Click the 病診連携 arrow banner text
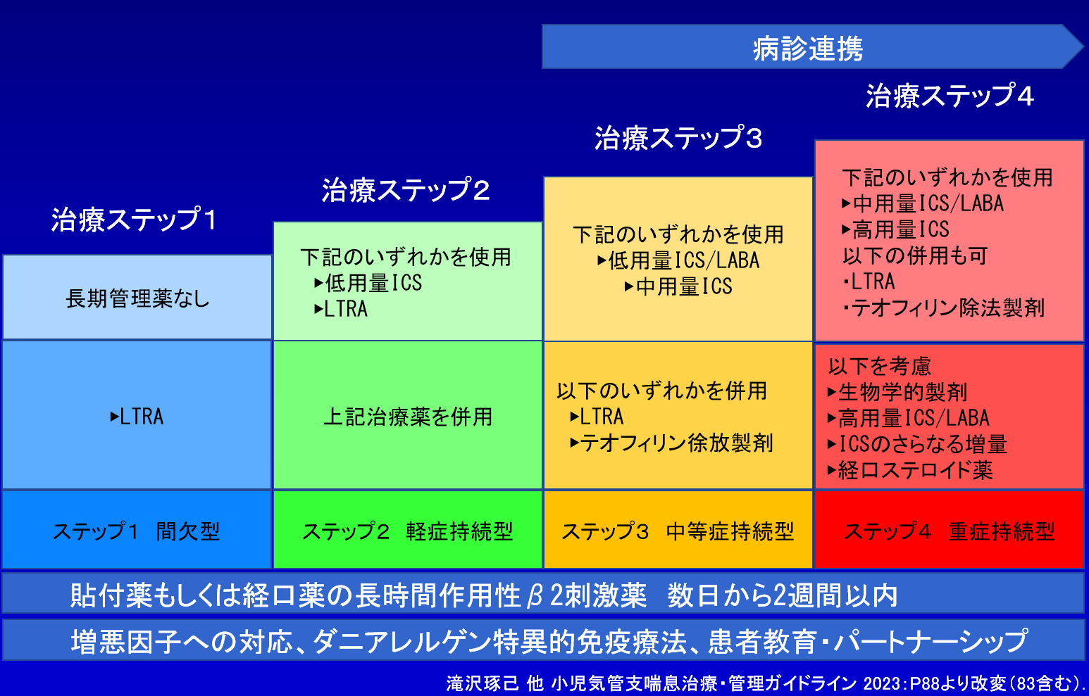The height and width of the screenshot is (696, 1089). [807, 49]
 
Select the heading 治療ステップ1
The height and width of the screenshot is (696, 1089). [134, 219]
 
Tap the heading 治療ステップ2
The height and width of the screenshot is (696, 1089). [406, 189]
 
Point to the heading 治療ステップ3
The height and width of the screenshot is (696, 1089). [678, 137]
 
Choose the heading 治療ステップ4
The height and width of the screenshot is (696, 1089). [950, 95]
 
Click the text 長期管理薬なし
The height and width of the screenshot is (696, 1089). [137, 298]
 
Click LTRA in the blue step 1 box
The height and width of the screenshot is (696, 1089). [137, 417]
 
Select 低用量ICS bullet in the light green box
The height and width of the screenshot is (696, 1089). [368, 283]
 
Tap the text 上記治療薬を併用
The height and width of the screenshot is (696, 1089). [408, 417]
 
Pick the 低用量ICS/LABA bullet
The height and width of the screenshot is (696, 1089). [678, 260]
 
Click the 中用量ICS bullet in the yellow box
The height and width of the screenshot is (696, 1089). [678, 286]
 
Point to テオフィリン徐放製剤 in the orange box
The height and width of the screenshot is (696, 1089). [671, 443]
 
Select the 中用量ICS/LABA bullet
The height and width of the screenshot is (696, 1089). [923, 203]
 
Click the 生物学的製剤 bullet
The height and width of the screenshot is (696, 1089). [897, 392]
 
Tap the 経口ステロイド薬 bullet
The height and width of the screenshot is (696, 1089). [910, 469]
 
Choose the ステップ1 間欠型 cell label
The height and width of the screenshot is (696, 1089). [136, 531]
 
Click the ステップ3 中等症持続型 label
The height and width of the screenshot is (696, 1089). [678, 531]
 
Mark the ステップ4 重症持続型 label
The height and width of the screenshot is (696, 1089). [950, 531]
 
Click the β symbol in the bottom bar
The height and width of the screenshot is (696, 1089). [534, 596]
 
